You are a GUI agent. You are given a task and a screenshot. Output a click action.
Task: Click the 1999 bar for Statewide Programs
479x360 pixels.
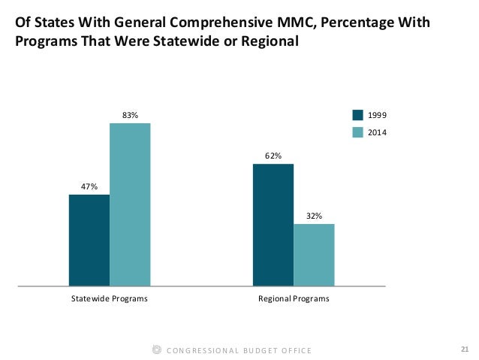89,241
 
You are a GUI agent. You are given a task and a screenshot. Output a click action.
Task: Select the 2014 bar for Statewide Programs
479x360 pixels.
130,204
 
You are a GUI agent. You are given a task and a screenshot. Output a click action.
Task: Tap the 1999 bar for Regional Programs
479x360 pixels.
273,225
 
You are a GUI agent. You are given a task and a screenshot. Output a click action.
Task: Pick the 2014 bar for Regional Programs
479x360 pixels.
314,255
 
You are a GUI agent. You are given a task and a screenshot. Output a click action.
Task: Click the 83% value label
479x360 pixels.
130,115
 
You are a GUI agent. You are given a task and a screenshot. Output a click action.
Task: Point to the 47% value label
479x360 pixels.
89,186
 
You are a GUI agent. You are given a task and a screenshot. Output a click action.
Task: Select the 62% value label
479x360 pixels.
273,156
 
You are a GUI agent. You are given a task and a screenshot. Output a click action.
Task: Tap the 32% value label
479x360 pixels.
314,216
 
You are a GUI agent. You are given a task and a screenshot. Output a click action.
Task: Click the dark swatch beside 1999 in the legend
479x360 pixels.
357,115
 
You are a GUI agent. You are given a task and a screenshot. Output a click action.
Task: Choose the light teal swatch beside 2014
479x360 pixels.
357,132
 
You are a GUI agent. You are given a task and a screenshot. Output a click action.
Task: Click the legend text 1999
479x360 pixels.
378,115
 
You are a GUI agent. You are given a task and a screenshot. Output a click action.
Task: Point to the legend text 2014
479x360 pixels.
378,132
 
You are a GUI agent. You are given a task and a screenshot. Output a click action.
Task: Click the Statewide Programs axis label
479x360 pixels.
109,299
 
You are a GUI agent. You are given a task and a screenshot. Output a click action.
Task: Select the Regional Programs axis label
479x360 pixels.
294,299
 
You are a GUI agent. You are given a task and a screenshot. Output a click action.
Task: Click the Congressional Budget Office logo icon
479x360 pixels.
156,349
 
